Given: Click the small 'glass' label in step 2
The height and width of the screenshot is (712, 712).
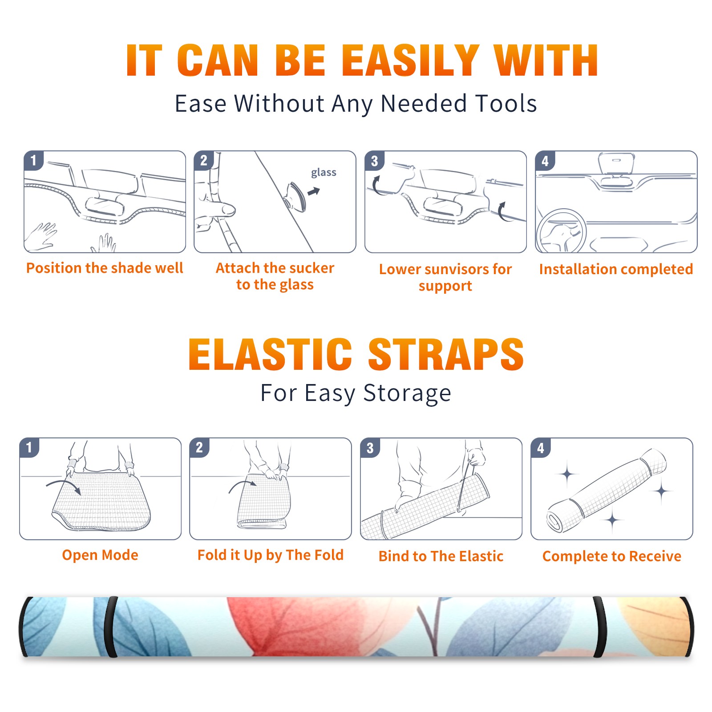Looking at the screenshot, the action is pos(324,173).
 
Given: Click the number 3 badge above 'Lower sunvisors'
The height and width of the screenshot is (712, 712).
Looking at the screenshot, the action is pos(374,161).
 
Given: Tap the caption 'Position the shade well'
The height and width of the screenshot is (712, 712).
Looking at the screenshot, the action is pos(105,268).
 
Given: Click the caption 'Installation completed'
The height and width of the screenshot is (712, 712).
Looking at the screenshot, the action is pos(616,269).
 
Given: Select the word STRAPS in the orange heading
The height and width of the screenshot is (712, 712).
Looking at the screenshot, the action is pos(446,354).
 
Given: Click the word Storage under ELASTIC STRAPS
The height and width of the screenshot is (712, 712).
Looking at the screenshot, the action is pos(407,393).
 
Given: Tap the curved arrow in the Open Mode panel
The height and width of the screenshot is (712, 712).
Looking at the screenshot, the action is pos(64,486).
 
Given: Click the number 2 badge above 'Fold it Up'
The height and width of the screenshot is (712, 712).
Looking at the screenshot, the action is pos(199,447).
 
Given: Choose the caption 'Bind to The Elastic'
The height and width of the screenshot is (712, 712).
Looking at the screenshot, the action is pos(441,556).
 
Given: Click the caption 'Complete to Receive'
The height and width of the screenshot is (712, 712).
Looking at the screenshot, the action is pos(611,556).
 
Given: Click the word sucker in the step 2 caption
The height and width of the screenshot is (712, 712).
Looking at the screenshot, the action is pos(308,268).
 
